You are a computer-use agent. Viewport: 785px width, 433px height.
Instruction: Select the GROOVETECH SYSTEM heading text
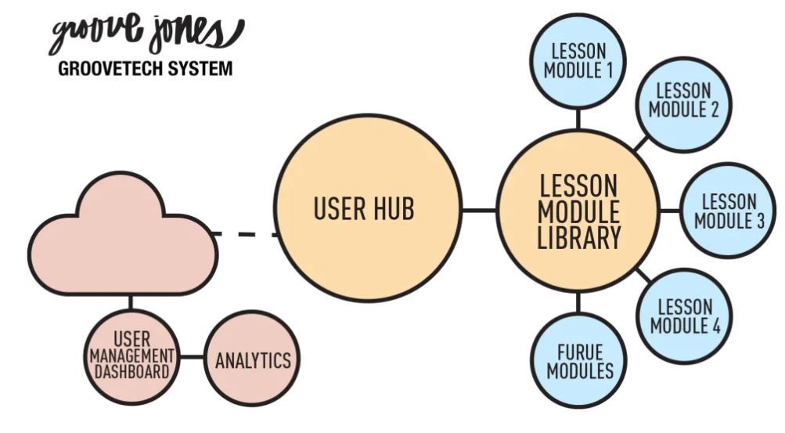click(x=146, y=69)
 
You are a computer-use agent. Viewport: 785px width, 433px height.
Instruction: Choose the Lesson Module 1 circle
click(x=578, y=61)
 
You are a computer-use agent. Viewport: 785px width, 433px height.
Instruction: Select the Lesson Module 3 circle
click(x=729, y=211)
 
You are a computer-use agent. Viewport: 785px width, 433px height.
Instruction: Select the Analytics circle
click(x=252, y=360)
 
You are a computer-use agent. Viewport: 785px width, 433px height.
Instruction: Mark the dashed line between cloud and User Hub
click(x=243, y=233)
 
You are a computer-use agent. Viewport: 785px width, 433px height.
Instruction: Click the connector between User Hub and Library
click(x=478, y=210)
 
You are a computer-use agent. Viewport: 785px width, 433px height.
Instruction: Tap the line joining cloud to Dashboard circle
click(x=131, y=302)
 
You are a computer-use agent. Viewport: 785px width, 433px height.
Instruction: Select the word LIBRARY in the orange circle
click(x=578, y=236)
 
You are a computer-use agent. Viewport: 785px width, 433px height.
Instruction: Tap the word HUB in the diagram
click(x=392, y=210)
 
